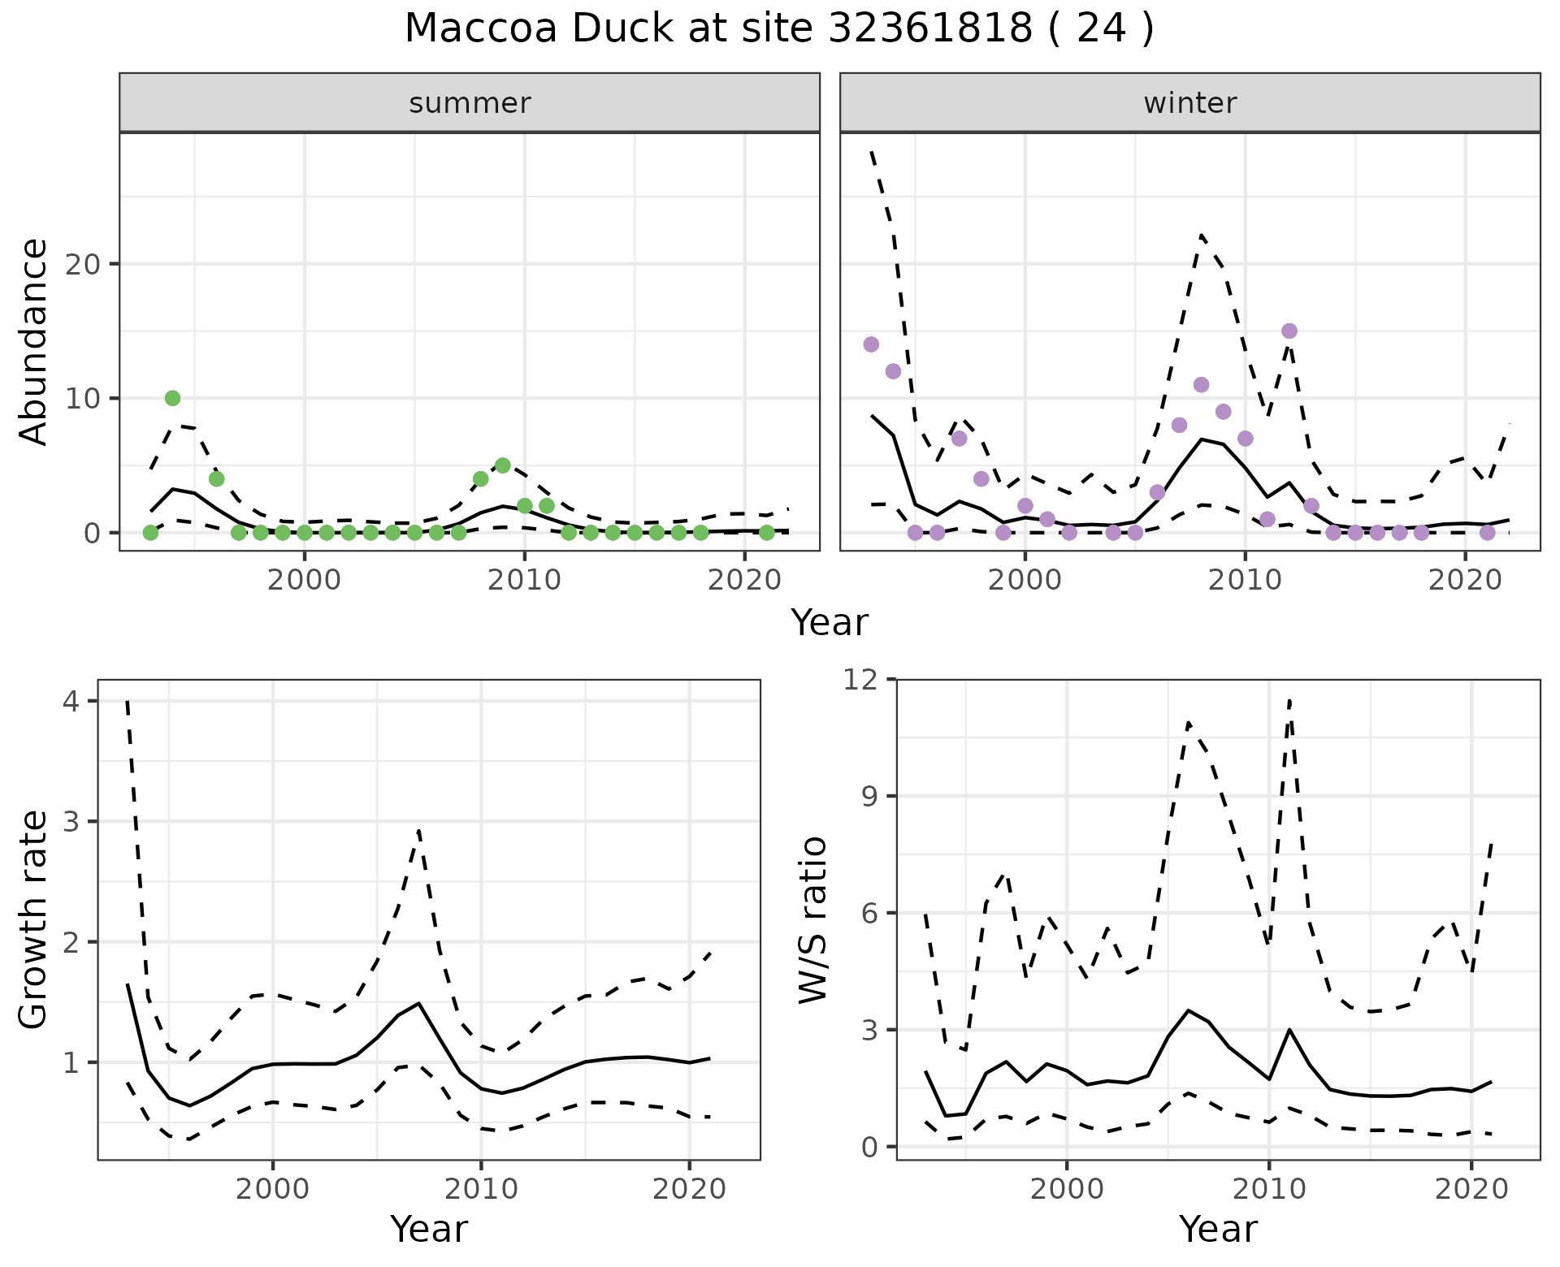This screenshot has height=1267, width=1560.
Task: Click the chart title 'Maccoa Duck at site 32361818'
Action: pyautogui.click(x=778, y=29)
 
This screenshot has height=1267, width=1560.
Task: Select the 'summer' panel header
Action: pyautogui.click(x=469, y=103)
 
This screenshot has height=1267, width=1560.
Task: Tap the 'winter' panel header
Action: pyautogui.click(x=1189, y=103)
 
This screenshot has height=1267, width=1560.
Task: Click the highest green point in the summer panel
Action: pyautogui.click(x=172, y=398)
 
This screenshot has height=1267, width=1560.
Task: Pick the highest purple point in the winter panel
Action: pyautogui.click(x=1289, y=331)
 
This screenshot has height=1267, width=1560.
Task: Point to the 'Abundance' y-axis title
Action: pyautogui.click(x=34, y=341)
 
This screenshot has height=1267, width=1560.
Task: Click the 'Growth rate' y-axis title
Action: pyautogui.click(x=34, y=919)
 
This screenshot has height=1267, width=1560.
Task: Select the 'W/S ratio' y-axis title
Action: pyautogui.click(x=812, y=919)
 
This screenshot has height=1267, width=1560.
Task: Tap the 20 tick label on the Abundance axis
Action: pyautogui.click(x=88, y=265)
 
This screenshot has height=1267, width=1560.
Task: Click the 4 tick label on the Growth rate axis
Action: pyautogui.click(x=71, y=701)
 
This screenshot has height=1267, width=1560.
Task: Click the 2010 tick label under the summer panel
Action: pyautogui.click(x=524, y=581)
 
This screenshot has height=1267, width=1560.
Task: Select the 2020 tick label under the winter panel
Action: pyautogui.click(x=1464, y=581)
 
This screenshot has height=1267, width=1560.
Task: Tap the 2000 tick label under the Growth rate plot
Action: pyautogui.click(x=273, y=1190)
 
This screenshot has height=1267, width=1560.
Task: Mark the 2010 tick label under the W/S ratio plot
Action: pyautogui.click(x=1267, y=1190)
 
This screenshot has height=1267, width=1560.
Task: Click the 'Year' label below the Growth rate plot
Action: pyautogui.click(x=429, y=1230)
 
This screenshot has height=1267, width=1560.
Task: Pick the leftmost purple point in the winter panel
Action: pyautogui.click(x=871, y=344)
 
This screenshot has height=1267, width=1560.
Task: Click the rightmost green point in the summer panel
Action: pyautogui.click(x=766, y=533)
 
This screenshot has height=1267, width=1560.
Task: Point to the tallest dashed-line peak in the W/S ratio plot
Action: pyautogui.click(x=1289, y=699)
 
